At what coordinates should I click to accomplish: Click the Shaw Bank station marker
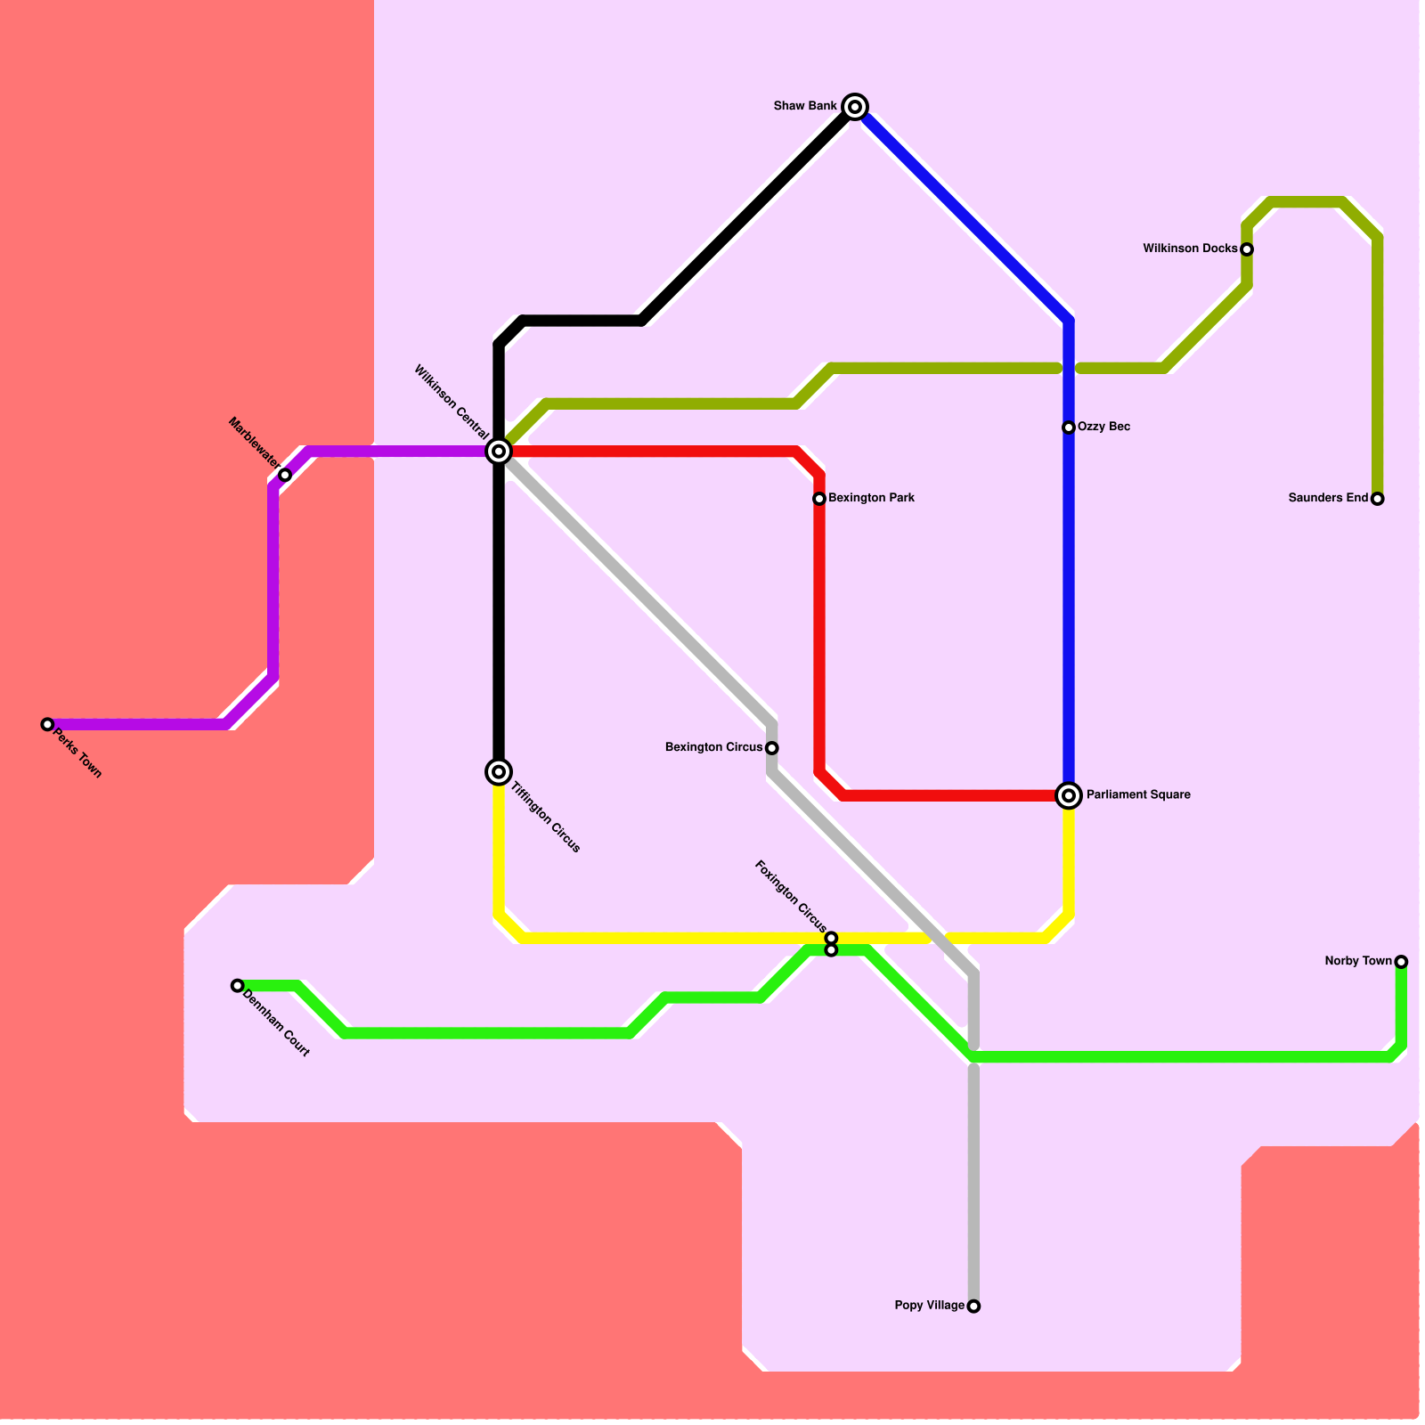click(855, 107)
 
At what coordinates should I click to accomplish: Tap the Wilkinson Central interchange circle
click(500, 452)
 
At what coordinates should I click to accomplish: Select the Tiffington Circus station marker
click(500, 771)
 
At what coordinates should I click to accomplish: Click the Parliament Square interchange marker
click(1069, 795)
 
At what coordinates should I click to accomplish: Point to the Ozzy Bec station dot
click(1069, 427)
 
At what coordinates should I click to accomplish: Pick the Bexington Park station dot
click(819, 499)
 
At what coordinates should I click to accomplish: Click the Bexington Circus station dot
click(772, 748)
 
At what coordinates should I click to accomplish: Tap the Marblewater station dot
click(285, 475)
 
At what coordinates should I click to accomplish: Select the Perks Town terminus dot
click(47, 724)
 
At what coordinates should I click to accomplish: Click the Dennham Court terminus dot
click(237, 985)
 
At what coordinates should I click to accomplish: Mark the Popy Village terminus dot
click(973, 1306)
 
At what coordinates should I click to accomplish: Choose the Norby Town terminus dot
click(1401, 962)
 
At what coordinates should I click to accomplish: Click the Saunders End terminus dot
click(1377, 499)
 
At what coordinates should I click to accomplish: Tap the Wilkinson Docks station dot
click(1247, 249)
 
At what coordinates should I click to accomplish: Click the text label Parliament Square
click(1138, 794)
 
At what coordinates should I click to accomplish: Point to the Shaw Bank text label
click(805, 106)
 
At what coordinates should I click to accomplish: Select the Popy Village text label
click(930, 1306)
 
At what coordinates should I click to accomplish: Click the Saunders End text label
click(1328, 498)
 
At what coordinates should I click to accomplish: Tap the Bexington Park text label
click(871, 498)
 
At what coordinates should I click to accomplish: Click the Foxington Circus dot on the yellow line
click(831, 938)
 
